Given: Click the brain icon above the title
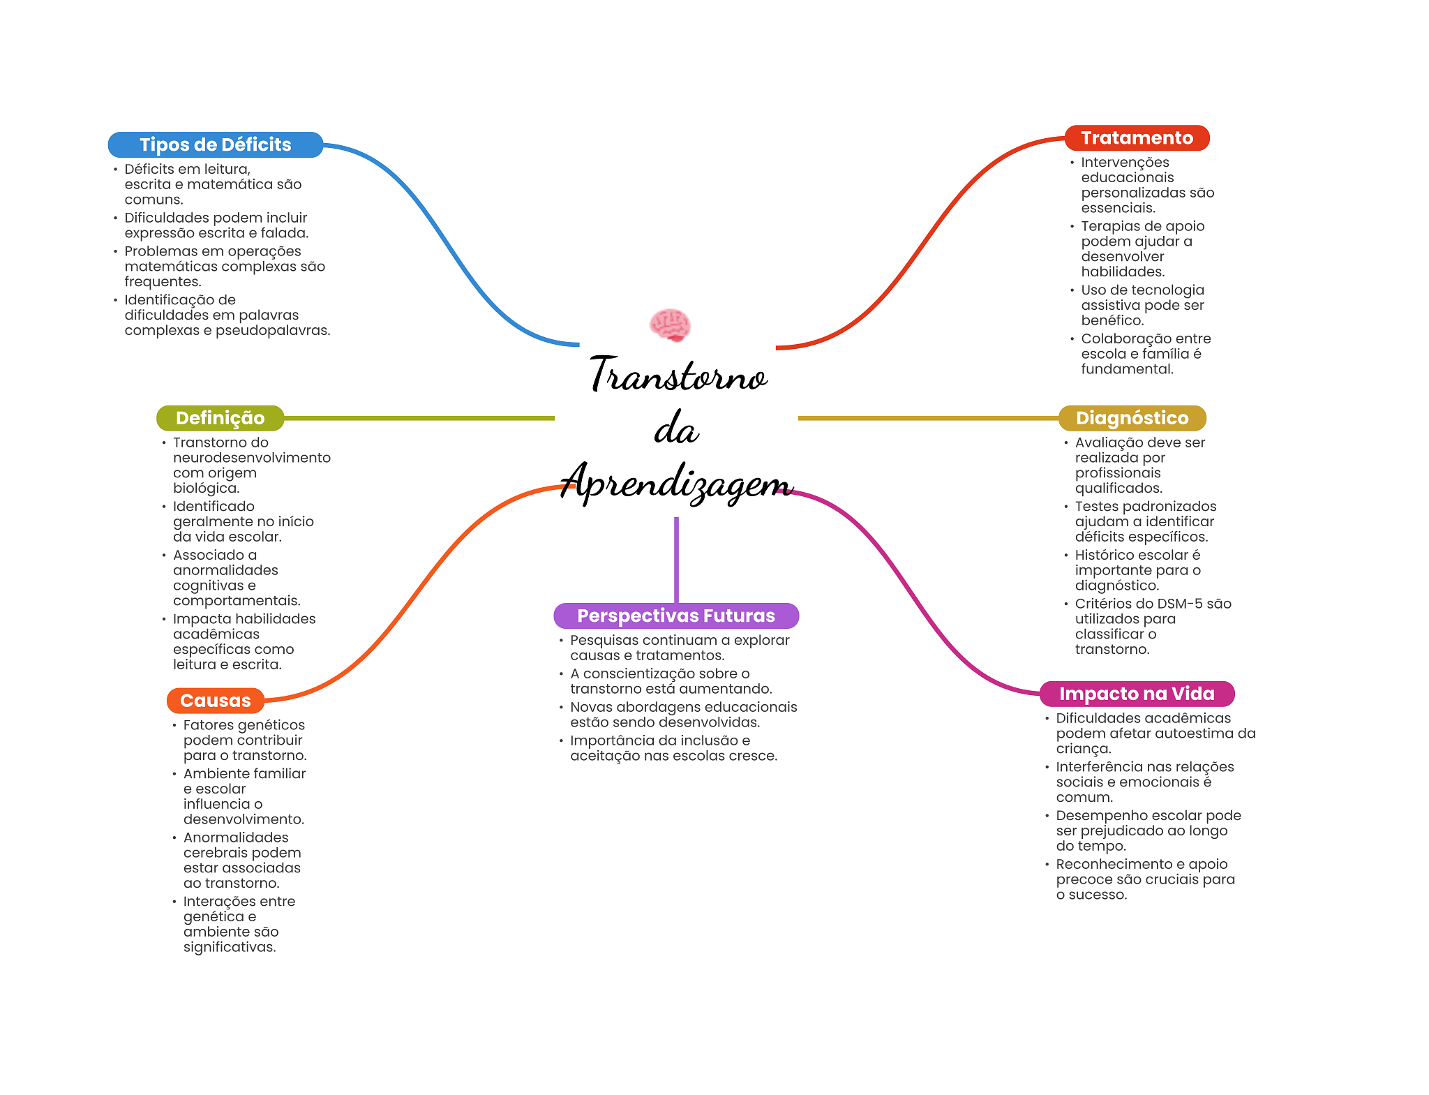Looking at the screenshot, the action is click(x=670, y=325).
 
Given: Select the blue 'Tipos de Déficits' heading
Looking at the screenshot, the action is click(x=215, y=144).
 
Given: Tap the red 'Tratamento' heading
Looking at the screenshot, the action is click(x=1137, y=137).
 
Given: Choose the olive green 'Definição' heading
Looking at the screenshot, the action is click(x=220, y=418).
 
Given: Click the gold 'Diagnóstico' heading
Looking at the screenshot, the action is click(x=1132, y=418).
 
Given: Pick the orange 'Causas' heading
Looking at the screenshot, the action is click(x=215, y=700).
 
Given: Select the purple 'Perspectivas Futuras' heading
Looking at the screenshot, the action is click(x=675, y=616).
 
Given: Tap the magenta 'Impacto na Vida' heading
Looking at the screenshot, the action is click(x=1137, y=694).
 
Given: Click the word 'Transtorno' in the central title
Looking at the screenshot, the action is click(x=678, y=375).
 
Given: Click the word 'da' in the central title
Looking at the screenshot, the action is click(x=676, y=429).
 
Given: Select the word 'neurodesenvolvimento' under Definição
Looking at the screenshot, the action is click(x=252, y=458).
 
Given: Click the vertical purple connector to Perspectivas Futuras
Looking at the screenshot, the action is click(x=676, y=558).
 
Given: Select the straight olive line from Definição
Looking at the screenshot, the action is click(x=419, y=418).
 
